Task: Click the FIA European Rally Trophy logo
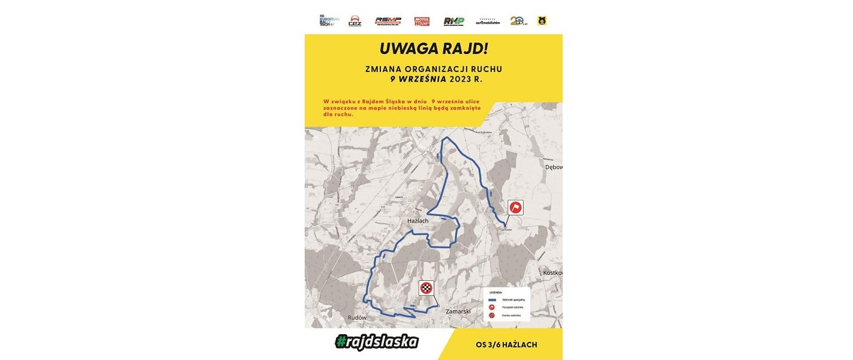click(329, 21)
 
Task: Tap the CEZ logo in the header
click(355, 21)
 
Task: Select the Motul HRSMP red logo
click(422, 21)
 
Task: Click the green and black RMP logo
click(454, 21)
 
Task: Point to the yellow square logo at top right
click(542, 20)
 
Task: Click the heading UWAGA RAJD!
click(434, 48)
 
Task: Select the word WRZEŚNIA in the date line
click(422, 80)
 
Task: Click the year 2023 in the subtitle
click(459, 80)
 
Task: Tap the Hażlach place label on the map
click(418, 220)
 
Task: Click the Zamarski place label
click(458, 312)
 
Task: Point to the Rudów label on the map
click(357, 318)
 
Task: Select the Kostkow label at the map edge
click(553, 272)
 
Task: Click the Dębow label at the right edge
click(554, 167)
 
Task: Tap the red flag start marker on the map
click(515, 207)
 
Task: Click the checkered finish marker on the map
click(426, 288)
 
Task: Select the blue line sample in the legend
click(492, 300)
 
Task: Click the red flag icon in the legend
click(492, 307)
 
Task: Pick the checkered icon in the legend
click(492, 316)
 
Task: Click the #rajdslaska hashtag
click(377, 342)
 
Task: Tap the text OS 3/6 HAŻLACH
click(506, 344)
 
